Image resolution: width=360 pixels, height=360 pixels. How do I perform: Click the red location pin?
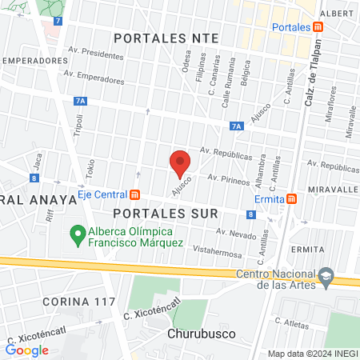180,162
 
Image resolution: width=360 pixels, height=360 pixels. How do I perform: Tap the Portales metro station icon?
318,27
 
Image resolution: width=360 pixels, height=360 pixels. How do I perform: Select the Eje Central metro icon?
134,194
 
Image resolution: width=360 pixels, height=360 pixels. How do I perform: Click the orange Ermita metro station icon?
294,198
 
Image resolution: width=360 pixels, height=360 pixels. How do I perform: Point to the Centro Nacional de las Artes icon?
325,274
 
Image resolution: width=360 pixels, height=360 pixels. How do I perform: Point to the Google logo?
26,349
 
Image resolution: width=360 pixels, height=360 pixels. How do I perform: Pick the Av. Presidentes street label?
97,57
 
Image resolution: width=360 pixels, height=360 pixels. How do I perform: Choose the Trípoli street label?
78,126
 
